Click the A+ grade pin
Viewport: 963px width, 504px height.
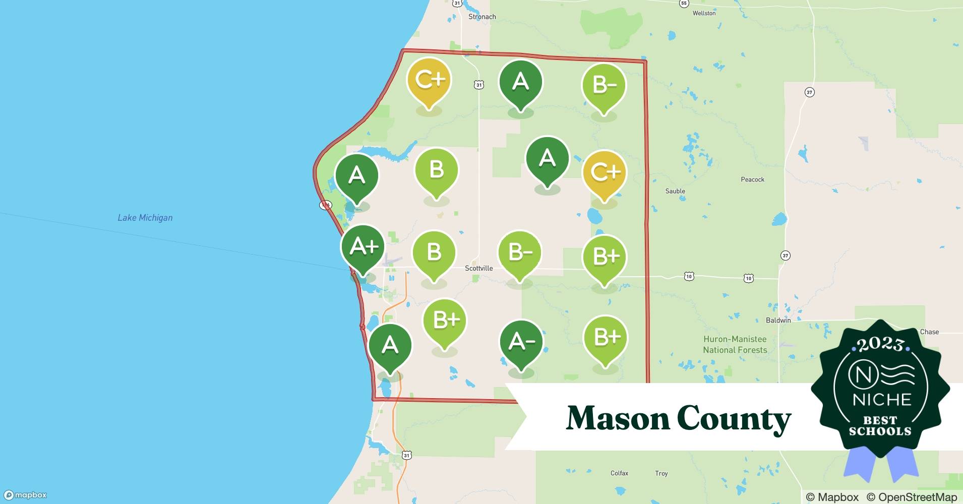coord(363,247)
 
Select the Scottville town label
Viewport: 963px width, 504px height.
coord(478,268)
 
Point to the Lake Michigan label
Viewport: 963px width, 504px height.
coord(145,218)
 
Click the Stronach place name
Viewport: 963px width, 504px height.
coord(482,17)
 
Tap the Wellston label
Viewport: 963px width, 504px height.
coord(704,13)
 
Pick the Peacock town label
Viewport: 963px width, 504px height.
coord(752,179)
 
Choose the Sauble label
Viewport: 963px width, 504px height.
coord(675,191)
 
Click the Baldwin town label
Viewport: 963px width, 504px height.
coord(778,320)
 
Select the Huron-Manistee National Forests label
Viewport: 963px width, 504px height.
coord(735,345)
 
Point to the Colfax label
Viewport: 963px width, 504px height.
coord(619,473)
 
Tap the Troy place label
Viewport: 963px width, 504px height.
coord(661,473)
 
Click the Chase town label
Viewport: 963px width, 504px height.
coord(929,332)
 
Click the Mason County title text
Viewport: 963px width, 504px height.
coord(678,418)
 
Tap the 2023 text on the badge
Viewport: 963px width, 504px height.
coord(880,344)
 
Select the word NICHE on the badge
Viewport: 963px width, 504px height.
coord(882,400)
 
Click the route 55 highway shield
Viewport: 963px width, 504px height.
coord(684,4)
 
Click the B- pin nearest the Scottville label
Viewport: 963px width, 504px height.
coord(520,253)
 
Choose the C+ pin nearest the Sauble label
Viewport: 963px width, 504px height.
coord(605,173)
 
